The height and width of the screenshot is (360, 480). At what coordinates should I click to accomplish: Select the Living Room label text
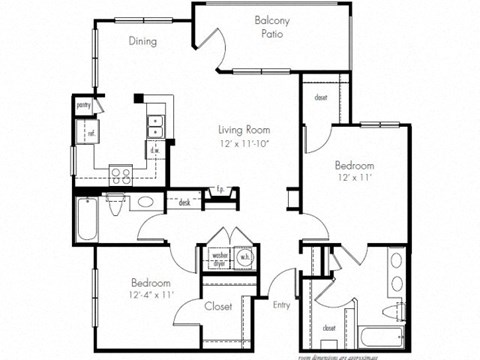pyautogui.click(x=247, y=129)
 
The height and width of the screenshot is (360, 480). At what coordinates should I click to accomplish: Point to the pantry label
pyautogui.click(x=84, y=103)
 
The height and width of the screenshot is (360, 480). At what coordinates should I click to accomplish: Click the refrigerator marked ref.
pyautogui.click(x=91, y=132)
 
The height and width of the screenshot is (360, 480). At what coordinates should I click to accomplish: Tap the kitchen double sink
pyautogui.click(x=155, y=124)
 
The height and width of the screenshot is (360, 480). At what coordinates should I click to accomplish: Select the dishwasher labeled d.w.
pyautogui.click(x=157, y=150)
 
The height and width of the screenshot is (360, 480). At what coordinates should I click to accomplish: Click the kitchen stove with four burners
pyautogui.click(x=121, y=171)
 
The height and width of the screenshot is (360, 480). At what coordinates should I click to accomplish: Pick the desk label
pyautogui.click(x=184, y=203)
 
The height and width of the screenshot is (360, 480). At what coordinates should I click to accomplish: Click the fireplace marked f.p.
pyautogui.click(x=219, y=190)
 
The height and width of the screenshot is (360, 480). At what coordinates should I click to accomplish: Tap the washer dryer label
pyautogui.click(x=220, y=257)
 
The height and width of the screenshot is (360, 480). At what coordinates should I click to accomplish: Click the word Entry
pyautogui.click(x=282, y=305)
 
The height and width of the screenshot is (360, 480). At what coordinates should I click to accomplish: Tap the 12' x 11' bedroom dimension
pyautogui.click(x=354, y=178)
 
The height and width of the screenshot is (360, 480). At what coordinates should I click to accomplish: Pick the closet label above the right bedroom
pyautogui.click(x=321, y=97)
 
